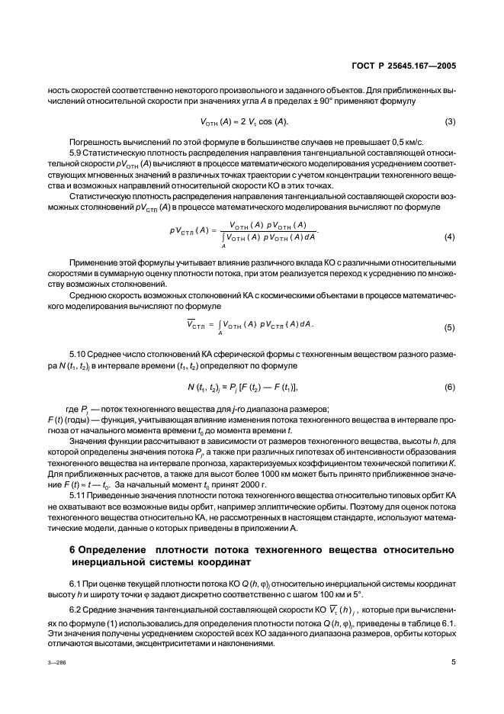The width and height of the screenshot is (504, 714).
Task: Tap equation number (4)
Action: coord(449,236)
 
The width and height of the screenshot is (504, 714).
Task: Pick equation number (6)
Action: coord(449,388)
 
